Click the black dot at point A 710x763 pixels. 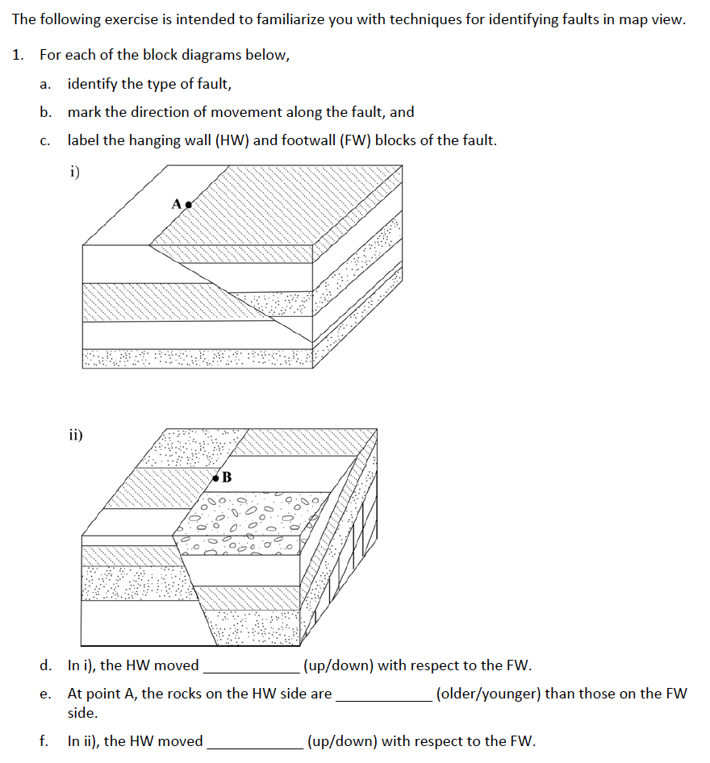(189, 205)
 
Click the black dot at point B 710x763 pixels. (215, 478)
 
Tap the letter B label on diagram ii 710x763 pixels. (227, 477)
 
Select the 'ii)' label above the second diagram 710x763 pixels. (76, 436)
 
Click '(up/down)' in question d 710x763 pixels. (339, 665)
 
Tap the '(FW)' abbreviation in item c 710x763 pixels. (350, 140)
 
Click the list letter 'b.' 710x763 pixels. (46, 112)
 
